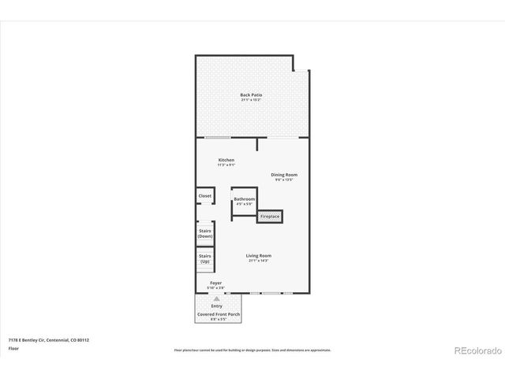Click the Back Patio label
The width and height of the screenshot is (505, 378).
(x=251, y=95)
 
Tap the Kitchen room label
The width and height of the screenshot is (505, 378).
(x=226, y=160)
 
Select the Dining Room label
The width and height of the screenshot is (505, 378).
(x=284, y=174)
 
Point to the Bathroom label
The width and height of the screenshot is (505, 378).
(x=244, y=199)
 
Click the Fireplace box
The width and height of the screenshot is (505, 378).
(x=270, y=216)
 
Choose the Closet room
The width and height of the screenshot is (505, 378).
(x=205, y=195)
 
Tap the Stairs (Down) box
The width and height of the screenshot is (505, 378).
(x=205, y=233)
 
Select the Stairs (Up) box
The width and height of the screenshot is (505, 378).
(x=205, y=258)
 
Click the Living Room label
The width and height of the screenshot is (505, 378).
(x=258, y=255)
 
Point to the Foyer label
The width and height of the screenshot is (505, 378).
(x=215, y=283)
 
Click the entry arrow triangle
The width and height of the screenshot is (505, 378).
(x=216, y=299)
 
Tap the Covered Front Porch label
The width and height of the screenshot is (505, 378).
(x=219, y=314)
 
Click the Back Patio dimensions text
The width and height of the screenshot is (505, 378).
(x=251, y=101)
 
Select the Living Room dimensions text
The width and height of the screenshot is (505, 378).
(x=258, y=261)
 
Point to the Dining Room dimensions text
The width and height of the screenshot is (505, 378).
(x=284, y=180)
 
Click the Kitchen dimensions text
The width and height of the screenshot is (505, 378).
(x=226, y=165)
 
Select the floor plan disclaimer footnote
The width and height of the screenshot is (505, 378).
(x=252, y=350)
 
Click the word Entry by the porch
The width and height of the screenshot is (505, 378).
(x=216, y=306)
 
